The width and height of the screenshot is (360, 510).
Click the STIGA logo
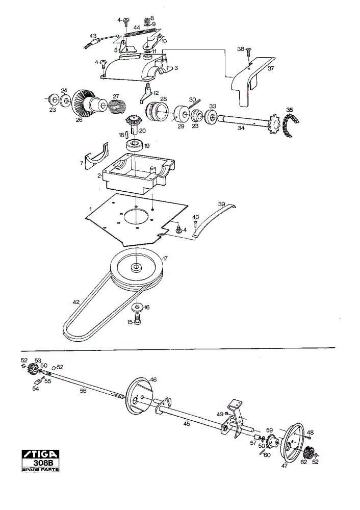pos(41,454)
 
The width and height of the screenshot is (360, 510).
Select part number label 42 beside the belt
pos(76,302)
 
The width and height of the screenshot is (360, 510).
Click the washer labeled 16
pos(137,307)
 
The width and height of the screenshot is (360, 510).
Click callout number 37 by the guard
pos(271,69)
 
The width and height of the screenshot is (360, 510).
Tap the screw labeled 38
pos(249,52)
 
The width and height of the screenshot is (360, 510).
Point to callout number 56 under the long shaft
pos(83,391)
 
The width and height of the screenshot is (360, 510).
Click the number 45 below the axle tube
pos(186,424)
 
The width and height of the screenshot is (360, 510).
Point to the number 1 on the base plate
pos(91,208)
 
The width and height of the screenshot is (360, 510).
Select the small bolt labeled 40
pos(195,224)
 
